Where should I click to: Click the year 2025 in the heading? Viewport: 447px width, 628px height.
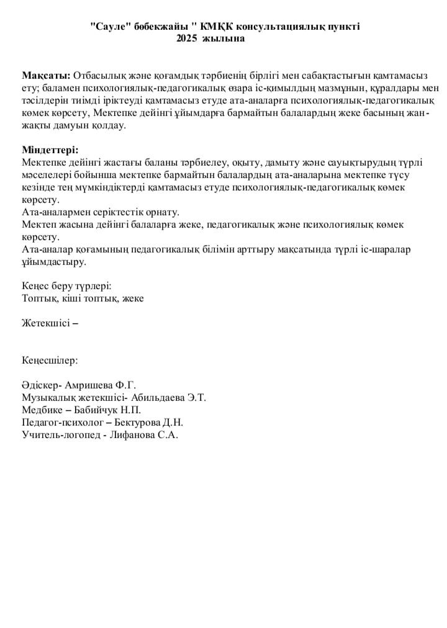pyautogui.click(x=186, y=38)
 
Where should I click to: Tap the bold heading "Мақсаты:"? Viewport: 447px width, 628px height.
pyautogui.click(x=47, y=76)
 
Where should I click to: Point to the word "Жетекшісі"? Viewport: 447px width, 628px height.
pyautogui.click(x=46, y=323)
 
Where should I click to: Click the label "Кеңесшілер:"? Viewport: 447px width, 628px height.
pyautogui.click(x=50, y=360)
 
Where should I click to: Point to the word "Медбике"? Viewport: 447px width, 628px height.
pyautogui.click(x=42, y=410)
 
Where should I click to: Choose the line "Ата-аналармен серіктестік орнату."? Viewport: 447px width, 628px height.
pyautogui.click(x=101, y=212)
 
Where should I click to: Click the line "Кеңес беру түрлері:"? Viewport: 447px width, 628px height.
pyautogui.click(x=66, y=286)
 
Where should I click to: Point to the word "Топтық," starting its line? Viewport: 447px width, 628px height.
pyautogui.click(x=39, y=298)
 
